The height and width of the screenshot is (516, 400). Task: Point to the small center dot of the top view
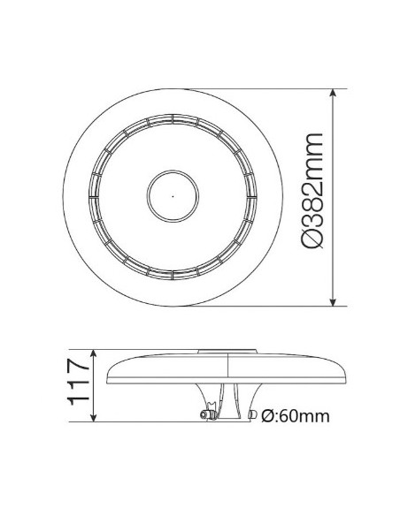pos(173,195)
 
